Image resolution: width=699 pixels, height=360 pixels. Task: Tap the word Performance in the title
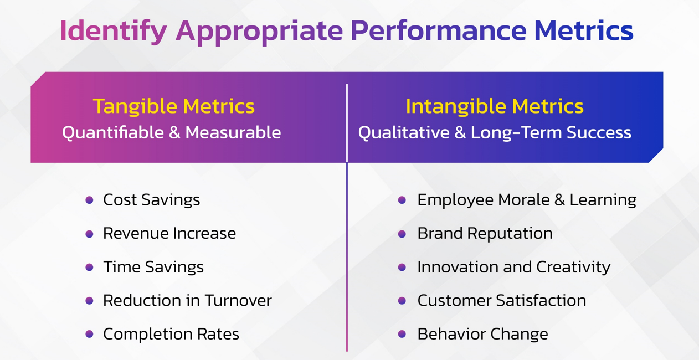tap(439, 30)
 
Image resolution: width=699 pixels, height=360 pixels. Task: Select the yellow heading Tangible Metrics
tap(174, 106)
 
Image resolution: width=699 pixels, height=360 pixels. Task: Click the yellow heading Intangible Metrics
tap(495, 106)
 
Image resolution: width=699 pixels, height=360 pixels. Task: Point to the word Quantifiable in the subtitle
tap(113, 132)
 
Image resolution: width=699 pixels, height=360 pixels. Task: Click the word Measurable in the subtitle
tap(233, 132)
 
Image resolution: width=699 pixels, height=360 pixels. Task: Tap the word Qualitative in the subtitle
tap(404, 132)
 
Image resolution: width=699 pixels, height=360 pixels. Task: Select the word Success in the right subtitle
tap(599, 132)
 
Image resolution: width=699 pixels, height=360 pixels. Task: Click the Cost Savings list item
tap(151, 200)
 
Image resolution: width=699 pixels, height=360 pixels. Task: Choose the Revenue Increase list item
tap(169, 233)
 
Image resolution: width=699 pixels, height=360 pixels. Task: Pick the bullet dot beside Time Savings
tap(89, 267)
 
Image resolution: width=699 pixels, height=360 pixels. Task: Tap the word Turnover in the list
tap(238, 300)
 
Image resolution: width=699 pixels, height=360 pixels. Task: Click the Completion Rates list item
tap(171, 334)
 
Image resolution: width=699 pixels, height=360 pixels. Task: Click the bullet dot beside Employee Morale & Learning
tap(402, 200)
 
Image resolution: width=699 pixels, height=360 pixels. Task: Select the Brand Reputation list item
tap(485, 234)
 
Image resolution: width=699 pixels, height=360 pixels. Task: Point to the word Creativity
tap(573, 268)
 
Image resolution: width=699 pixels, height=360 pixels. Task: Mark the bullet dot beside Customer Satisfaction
tap(402, 301)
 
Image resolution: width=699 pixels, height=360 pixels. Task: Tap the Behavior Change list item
tap(483, 334)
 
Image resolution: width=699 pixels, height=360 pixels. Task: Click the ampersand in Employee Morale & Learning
tap(559, 200)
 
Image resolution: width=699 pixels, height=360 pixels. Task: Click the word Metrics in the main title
tap(584, 30)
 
